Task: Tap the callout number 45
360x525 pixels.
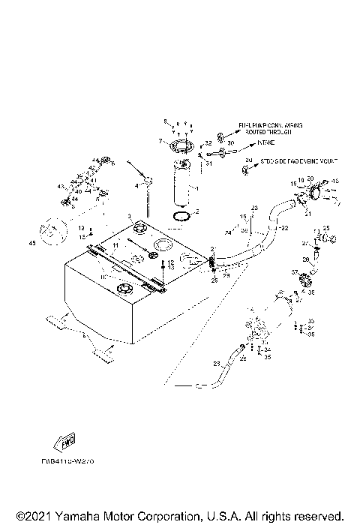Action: coord(31,244)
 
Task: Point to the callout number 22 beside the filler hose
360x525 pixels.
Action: coord(285,228)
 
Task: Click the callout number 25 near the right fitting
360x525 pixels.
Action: coord(325,228)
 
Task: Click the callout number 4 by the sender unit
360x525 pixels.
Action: coord(137,185)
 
